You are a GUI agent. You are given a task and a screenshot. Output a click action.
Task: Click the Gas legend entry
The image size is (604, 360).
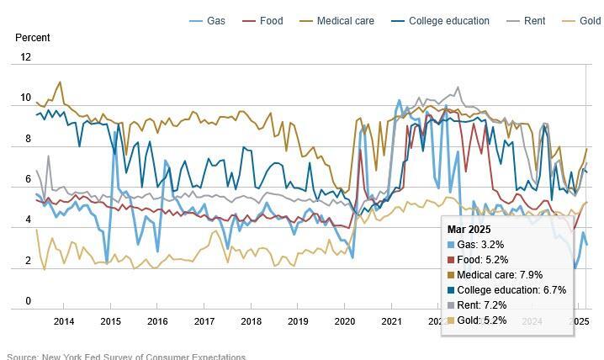tap(209, 21)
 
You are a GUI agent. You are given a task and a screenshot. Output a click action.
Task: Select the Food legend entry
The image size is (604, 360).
tap(262, 21)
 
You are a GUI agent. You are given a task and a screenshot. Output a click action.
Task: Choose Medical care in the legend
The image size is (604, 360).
tap(337, 21)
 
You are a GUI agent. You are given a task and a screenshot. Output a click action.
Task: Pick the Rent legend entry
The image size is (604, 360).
tap(527, 21)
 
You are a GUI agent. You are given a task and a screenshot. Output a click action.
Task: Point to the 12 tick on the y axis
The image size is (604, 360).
tap(25, 57)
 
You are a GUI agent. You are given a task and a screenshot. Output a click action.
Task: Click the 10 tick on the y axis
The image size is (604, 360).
tap(25, 98)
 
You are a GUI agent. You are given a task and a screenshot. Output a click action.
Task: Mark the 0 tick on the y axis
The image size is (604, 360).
tap(28, 301)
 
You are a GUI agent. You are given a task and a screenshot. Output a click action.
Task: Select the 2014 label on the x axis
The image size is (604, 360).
tap(64, 321)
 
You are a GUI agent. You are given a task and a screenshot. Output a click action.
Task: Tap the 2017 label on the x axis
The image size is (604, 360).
tap(204, 321)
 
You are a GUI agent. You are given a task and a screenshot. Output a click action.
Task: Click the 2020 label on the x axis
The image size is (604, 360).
tap(345, 321)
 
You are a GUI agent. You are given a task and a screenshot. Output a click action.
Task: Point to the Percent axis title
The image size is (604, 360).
tap(33, 38)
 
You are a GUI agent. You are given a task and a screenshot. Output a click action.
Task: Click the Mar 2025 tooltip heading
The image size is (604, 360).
tap(470, 229)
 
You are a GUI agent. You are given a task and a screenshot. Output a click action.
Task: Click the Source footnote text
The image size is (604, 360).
tap(126, 357)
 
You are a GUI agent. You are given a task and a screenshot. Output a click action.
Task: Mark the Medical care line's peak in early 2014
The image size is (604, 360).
tap(60, 82)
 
